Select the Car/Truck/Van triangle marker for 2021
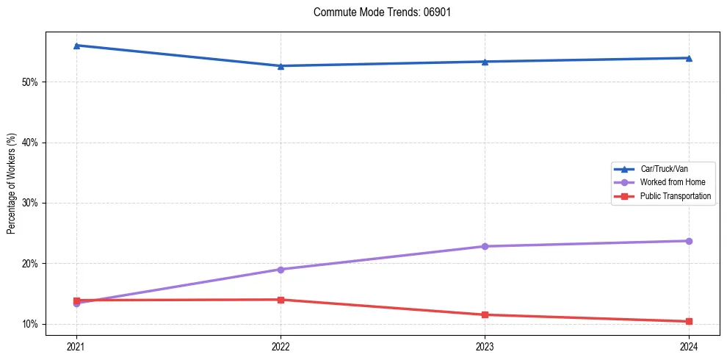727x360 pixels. coord(76,46)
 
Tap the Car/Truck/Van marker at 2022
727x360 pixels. coord(281,66)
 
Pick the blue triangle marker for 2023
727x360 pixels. coord(485,62)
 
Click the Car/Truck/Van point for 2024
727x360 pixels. coord(689,58)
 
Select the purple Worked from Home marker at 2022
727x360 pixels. coord(281,270)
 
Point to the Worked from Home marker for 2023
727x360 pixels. coord(485,246)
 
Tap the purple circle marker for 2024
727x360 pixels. coord(689,241)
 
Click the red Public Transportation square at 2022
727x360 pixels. coord(281,300)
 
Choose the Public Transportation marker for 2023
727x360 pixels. coord(485,314)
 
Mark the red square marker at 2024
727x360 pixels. coord(689,321)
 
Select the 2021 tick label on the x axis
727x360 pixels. coord(76,346)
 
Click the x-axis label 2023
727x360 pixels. coord(485,346)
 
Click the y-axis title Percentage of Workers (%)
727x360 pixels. coord(12,184)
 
